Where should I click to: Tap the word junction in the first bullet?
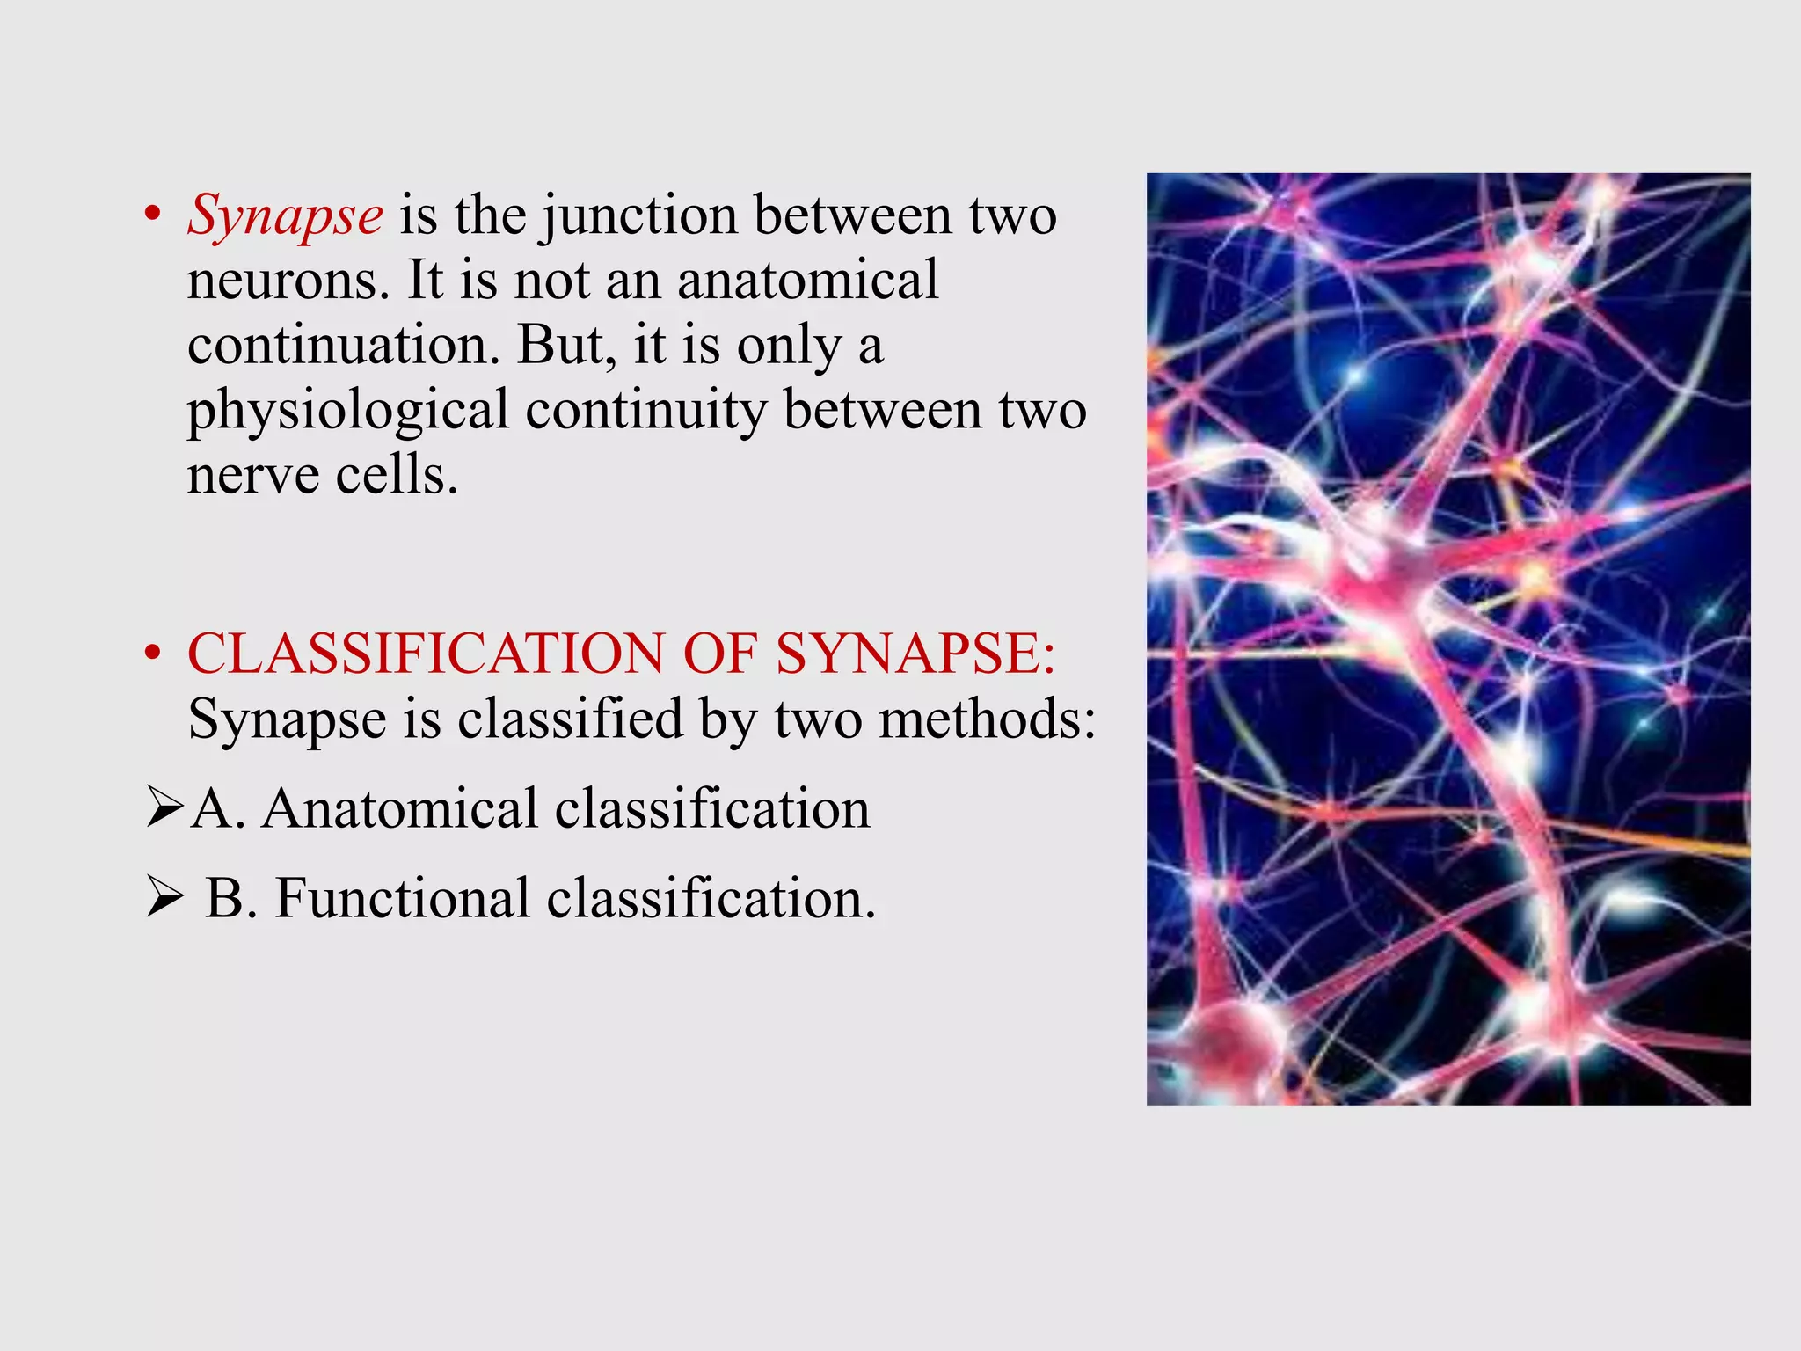(639, 215)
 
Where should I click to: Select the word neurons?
(287, 281)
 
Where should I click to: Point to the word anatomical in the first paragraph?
(807, 280)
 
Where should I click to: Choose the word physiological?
(348, 412)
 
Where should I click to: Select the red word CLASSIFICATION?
(426, 654)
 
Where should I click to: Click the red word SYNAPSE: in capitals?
(915, 654)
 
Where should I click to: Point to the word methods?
(988, 719)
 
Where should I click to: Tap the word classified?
(570, 719)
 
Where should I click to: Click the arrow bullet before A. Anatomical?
(164, 808)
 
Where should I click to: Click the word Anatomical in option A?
(400, 808)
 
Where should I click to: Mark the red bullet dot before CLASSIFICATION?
(153, 654)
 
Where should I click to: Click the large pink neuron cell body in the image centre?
(1389, 563)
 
